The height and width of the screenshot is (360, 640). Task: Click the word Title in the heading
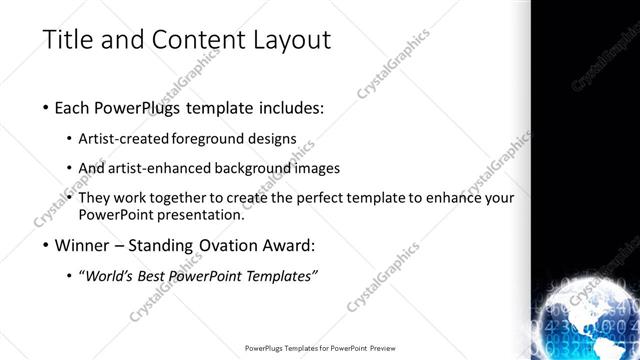pyautogui.click(x=69, y=40)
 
